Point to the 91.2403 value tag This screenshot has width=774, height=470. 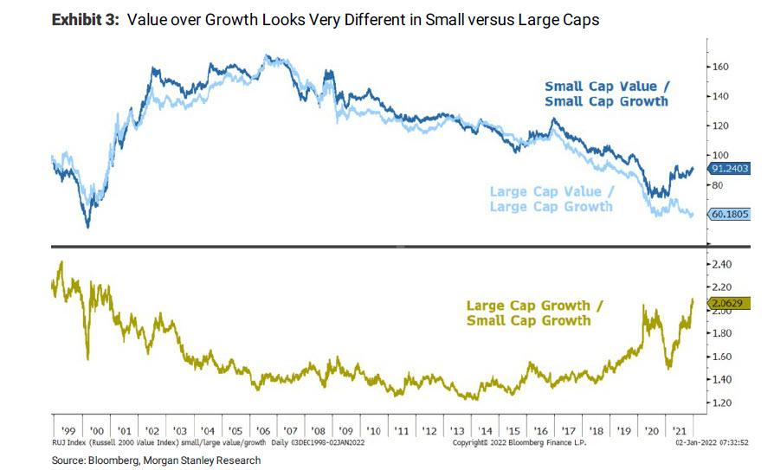730,170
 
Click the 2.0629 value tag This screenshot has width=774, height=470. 730,303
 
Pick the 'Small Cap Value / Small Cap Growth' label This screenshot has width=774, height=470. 606,93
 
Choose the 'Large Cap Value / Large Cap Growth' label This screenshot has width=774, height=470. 551,198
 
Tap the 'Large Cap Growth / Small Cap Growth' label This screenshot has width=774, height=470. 528,312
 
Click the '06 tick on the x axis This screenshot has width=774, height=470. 261,430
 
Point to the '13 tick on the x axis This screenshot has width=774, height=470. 456,430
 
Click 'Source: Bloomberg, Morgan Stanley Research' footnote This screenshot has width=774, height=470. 156,460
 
